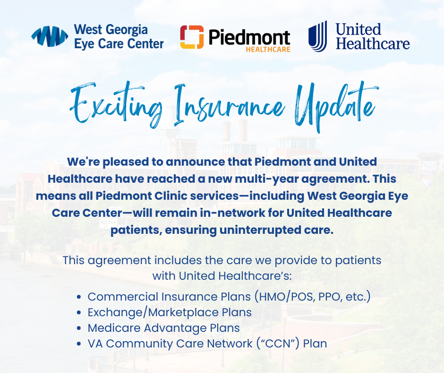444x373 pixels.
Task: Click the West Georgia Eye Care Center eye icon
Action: pos(50,36)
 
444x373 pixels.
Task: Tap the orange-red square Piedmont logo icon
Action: pos(192,37)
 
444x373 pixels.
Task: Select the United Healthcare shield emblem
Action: pos(318,36)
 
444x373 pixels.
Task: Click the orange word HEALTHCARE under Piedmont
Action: pos(268,49)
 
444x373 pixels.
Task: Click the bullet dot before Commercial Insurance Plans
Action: pos(79,297)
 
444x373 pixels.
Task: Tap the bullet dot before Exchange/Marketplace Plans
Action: pos(79,313)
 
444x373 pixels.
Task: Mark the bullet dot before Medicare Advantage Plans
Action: pos(79,329)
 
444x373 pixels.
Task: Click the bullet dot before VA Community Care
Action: pos(79,344)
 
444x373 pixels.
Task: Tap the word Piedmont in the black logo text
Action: pos(249,37)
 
